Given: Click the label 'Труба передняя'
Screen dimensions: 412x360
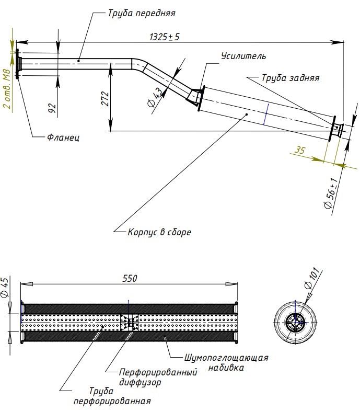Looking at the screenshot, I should (142, 12).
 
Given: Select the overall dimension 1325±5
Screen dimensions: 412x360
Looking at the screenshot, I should (165, 37).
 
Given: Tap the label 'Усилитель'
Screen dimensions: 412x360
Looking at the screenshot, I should (243, 56).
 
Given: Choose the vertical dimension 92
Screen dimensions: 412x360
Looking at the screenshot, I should (52, 108).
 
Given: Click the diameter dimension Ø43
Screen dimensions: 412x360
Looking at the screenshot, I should (156, 98).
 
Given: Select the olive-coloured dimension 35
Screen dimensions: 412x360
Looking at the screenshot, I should (300, 150).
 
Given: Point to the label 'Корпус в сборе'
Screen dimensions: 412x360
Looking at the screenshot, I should (159, 232).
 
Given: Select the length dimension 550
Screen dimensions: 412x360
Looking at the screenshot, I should (130, 279).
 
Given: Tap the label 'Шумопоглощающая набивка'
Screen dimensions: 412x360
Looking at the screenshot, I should (226, 363).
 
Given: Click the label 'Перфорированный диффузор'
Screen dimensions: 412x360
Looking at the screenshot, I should (158, 377).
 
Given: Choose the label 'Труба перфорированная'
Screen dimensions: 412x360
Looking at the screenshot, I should (112, 396).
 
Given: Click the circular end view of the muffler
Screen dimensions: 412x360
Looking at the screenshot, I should (295, 323).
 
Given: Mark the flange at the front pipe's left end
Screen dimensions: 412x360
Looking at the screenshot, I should (18, 64).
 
